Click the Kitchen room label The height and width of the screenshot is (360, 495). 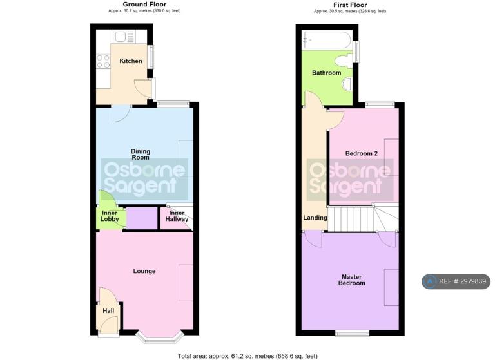point(131,61)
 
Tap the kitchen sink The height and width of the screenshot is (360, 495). point(124,37)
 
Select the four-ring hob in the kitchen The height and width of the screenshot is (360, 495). point(103,61)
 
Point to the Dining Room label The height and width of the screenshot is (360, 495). point(141,155)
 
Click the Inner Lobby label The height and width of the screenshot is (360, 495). point(110,216)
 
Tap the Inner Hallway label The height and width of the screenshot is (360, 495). point(177,216)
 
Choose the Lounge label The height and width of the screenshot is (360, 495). point(144,271)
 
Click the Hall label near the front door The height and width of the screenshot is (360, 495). point(108,311)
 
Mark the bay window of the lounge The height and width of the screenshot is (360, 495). point(160,337)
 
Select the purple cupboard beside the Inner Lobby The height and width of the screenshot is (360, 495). point(142,218)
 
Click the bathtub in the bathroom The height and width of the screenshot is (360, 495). point(326,40)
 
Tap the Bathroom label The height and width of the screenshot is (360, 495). point(326,73)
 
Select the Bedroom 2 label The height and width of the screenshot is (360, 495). point(362,153)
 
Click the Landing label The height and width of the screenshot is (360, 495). point(315,218)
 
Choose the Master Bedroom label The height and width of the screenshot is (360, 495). point(352,280)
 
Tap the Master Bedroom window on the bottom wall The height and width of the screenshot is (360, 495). point(353,333)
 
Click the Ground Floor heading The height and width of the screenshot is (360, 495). point(144,5)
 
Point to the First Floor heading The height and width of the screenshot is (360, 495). point(350,5)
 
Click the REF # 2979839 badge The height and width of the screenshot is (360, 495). point(456,281)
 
